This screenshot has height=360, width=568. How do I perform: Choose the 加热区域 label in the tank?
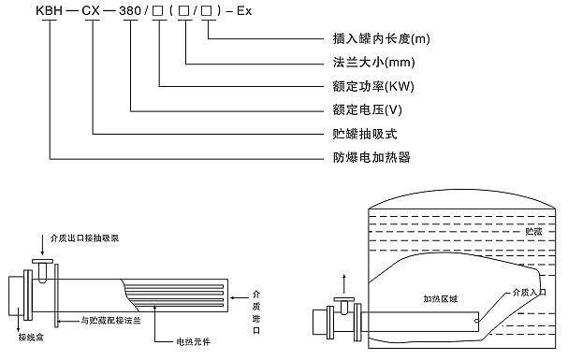tap(438, 300)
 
